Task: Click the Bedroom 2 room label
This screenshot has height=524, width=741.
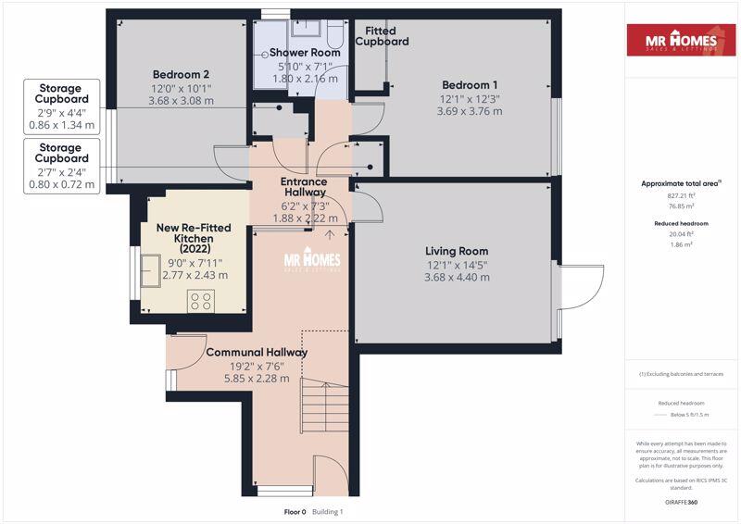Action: point(181,74)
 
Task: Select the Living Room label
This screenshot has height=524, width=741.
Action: point(456,251)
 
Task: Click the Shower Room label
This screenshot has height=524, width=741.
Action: point(305,53)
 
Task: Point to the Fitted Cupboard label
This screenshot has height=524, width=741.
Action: point(382,36)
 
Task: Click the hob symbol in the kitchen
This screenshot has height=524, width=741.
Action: point(201,300)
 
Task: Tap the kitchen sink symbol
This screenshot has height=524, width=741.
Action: point(148,272)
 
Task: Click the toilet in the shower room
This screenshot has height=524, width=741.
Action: point(336,33)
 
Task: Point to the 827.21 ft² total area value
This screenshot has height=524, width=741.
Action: point(681,196)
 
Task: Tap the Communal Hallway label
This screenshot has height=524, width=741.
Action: point(257,353)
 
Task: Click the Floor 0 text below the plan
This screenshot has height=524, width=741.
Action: point(296,512)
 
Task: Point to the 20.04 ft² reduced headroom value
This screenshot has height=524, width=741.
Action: point(681,234)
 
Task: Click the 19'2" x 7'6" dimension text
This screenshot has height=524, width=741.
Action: point(257,366)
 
